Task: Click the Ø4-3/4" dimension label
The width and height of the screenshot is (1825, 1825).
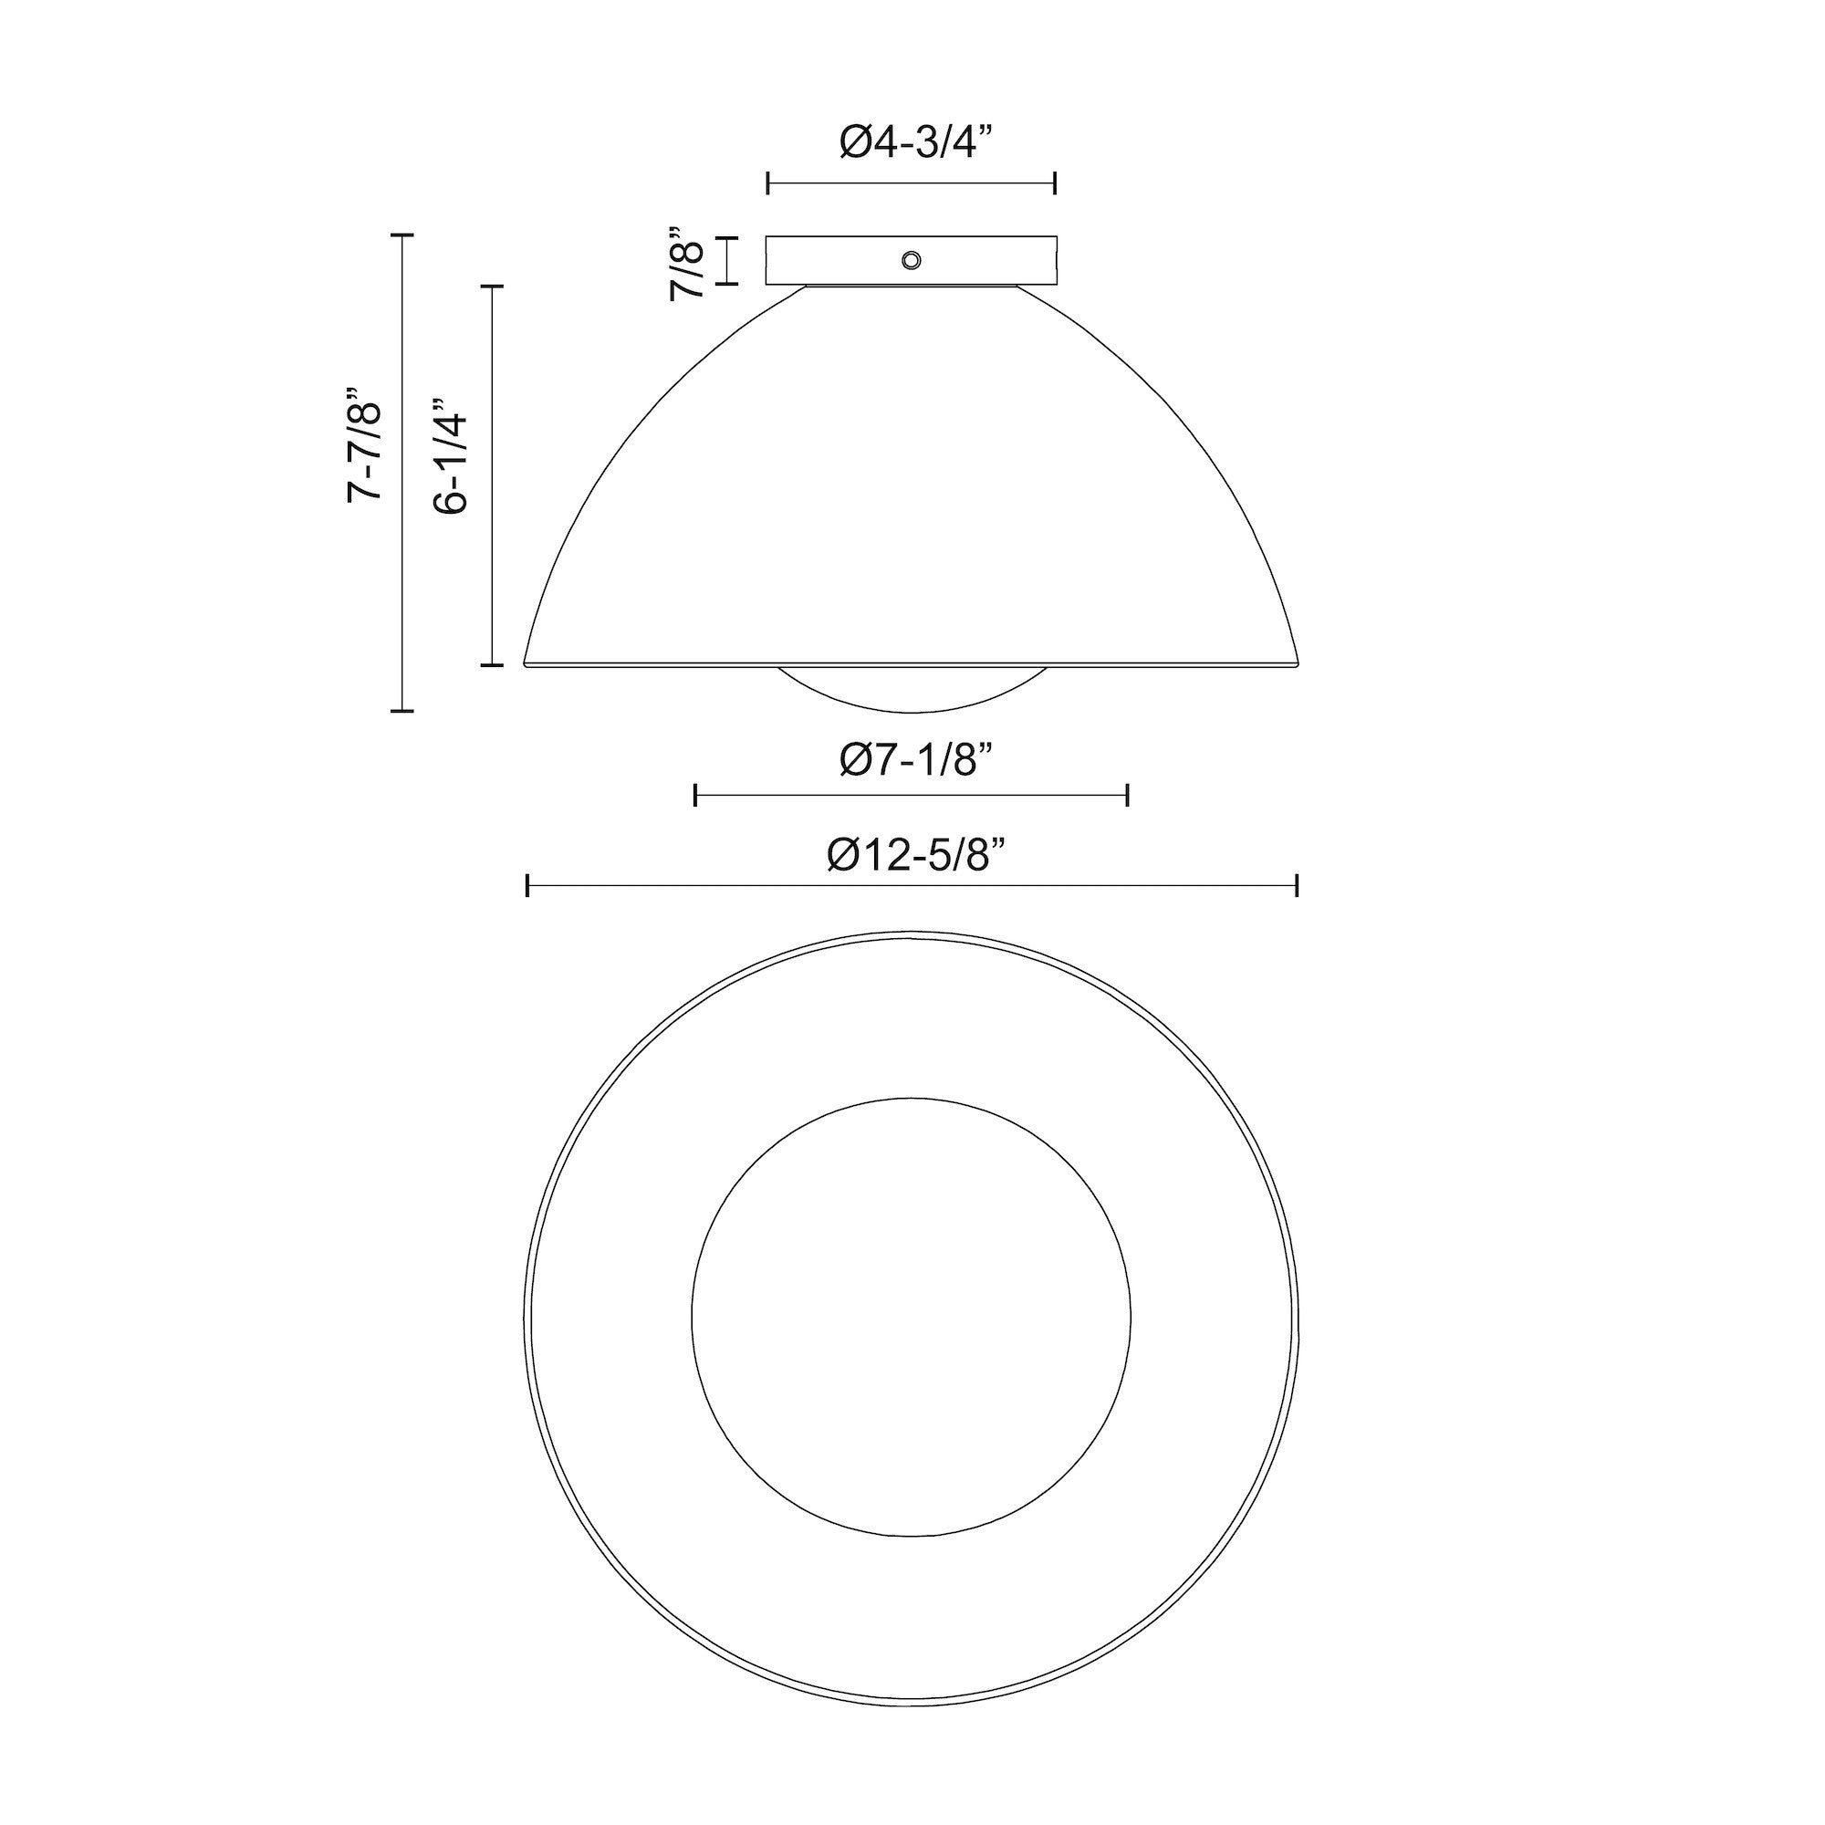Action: pyautogui.click(x=916, y=142)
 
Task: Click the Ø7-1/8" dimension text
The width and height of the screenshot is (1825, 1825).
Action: pyautogui.click(x=916, y=759)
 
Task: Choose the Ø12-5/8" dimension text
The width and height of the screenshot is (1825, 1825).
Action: pyautogui.click(x=914, y=856)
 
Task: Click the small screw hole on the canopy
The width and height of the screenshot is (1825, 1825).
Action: pyautogui.click(x=912, y=260)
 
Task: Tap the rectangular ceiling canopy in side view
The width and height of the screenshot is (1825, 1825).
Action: pyautogui.click(x=831, y=260)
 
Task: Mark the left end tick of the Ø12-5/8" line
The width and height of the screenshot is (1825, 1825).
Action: pyautogui.click(x=527, y=885)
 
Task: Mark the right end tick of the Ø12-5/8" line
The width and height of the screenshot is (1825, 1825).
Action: pyautogui.click(x=1297, y=885)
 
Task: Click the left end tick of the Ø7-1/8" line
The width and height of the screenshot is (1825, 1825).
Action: pyautogui.click(x=695, y=796)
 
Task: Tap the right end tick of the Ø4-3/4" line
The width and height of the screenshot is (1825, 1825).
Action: pyautogui.click(x=1055, y=183)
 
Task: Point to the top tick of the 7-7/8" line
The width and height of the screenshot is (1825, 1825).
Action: pyautogui.click(x=402, y=235)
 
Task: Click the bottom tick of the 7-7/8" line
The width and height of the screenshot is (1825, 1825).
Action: pyautogui.click(x=402, y=709)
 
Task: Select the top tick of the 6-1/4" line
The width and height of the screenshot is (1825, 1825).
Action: pyautogui.click(x=492, y=286)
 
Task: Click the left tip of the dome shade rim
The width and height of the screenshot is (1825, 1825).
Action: pyautogui.click(x=527, y=664)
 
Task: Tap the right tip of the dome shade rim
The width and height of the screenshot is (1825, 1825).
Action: pyautogui.click(x=1298, y=664)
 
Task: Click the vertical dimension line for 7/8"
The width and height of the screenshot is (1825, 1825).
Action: pyautogui.click(x=727, y=260)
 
